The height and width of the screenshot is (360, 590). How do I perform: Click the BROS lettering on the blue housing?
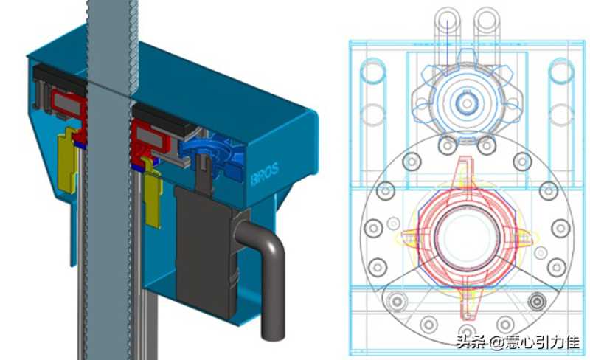pos(265,173)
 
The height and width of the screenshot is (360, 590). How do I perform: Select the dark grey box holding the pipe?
pos(207,252)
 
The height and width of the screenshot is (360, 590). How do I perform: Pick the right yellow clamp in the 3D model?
pos(153,194)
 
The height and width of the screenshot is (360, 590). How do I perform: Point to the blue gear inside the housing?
pos(211,154)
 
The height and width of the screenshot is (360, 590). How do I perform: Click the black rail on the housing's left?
pos(58,80)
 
